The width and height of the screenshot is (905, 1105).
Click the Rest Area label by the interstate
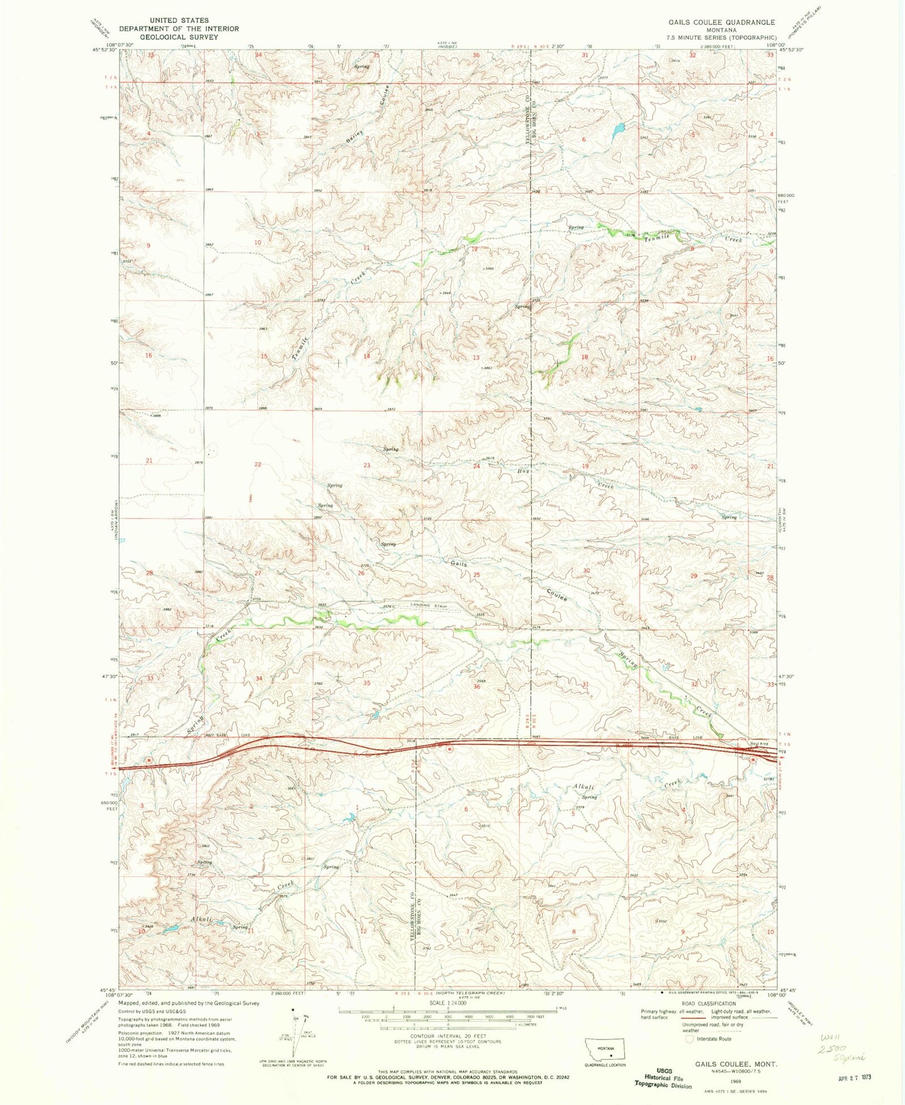(758, 744)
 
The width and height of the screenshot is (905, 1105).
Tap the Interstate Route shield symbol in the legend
(690, 1039)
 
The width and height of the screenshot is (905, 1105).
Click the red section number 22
(257, 464)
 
